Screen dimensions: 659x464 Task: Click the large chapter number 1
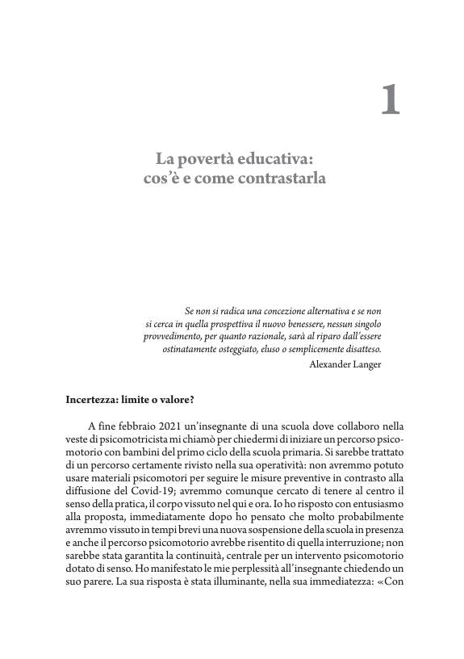coord(390,100)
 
